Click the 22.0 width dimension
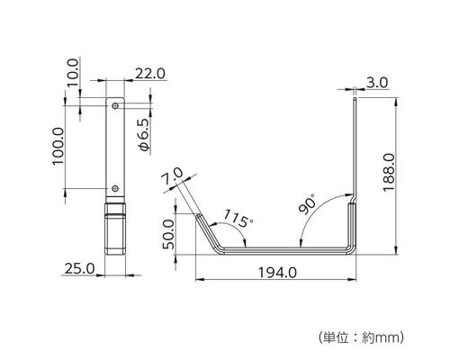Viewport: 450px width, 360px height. [150, 74]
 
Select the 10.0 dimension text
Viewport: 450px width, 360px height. [73, 72]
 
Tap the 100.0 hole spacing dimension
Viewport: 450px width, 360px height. [58, 146]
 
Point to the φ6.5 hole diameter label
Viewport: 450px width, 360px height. [143, 135]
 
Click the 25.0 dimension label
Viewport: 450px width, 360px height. [80, 268]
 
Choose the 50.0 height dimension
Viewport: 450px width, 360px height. [168, 234]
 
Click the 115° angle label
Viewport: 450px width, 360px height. [238, 219]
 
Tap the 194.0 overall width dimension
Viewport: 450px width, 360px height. [277, 273]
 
